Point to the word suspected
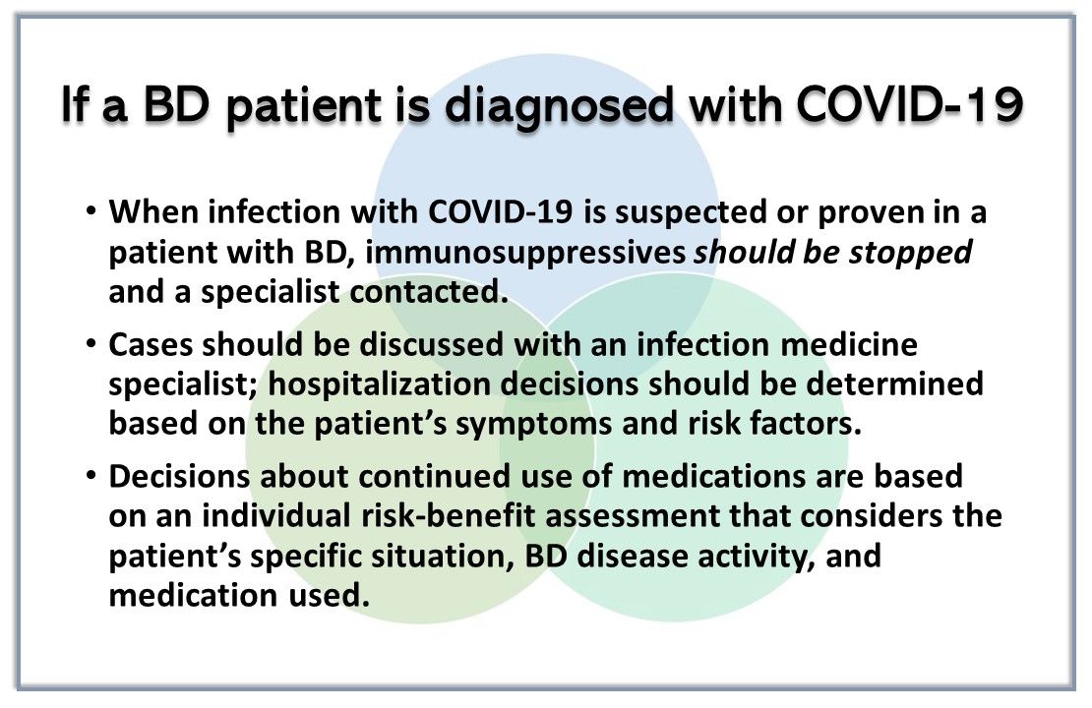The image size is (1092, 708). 691,213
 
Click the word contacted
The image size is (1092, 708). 429,292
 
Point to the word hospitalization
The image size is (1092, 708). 384,385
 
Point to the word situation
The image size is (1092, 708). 443,557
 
